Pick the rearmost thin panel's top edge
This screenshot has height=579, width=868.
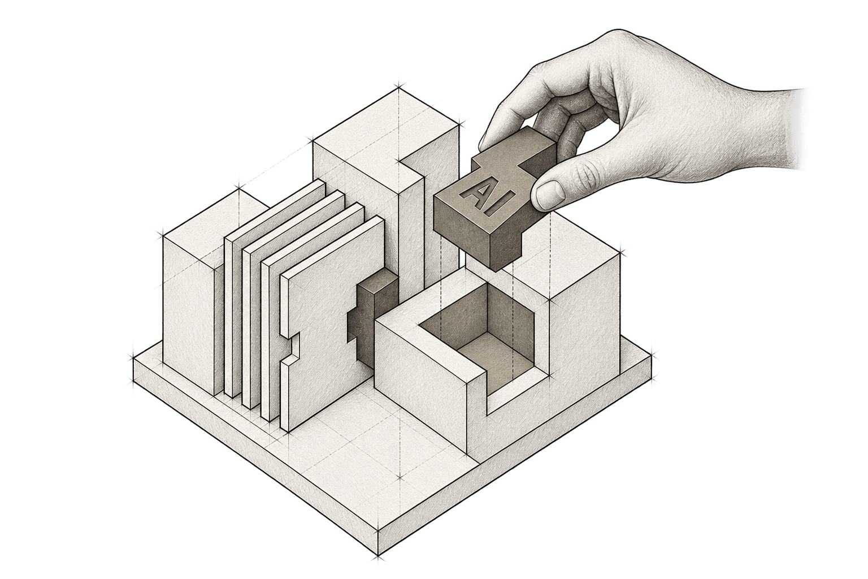(x=275, y=209)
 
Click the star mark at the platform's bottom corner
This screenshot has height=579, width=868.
(x=377, y=568)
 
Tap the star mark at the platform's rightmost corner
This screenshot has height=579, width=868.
(x=652, y=354)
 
